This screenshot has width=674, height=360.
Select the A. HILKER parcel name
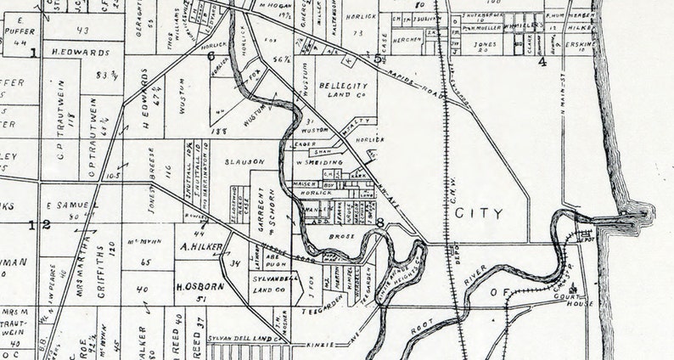(201, 249)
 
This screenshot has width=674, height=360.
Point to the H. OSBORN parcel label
(200, 284)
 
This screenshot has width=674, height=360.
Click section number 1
(34, 53)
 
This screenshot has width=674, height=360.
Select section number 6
(211, 56)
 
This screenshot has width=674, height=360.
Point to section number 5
(378, 59)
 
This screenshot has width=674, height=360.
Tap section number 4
(542, 61)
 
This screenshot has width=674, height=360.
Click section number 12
(41, 225)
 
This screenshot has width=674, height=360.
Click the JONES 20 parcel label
(485, 46)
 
